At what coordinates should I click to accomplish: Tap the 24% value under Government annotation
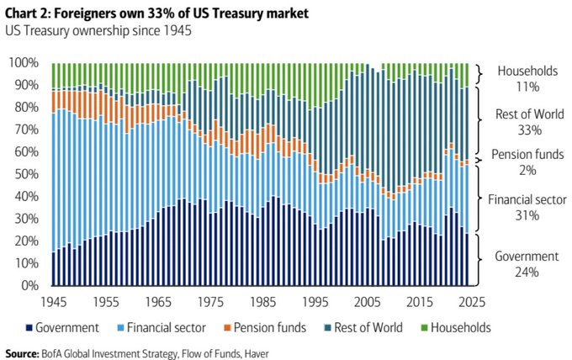(528, 272)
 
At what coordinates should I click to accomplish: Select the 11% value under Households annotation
(528, 87)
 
